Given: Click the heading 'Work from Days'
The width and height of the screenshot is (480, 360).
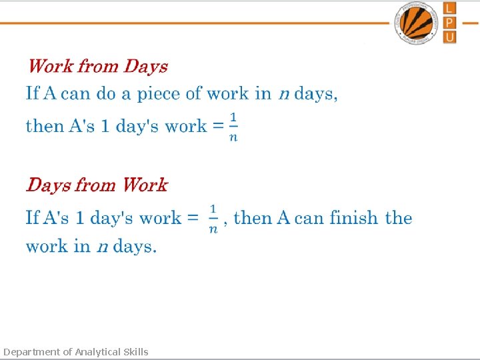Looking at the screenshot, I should (x=97, y=67).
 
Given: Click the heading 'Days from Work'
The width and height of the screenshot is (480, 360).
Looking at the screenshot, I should (x=97, y=185).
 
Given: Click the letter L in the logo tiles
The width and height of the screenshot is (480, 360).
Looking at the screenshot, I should (x=450, y=8).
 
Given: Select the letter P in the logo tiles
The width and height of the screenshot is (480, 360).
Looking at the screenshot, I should (x=450, y=22).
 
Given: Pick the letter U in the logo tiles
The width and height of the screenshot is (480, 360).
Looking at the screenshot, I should (x=450, y=37).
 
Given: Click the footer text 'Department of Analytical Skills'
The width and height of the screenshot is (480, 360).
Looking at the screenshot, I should (x=76, y=352).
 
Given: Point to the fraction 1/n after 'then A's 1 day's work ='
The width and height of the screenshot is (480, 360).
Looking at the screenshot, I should (x=233, y=127).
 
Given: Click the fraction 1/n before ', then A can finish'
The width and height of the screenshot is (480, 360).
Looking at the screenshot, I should (x=213, y=219).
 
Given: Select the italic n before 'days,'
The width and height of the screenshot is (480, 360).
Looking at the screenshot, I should (x=283, y=94).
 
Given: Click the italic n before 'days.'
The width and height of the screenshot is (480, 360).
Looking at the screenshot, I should (x=102, y=247).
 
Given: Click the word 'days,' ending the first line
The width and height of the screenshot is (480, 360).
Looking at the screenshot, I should (x=316, y=94).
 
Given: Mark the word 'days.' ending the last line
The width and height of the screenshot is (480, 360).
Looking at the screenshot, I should (x=135, y=247).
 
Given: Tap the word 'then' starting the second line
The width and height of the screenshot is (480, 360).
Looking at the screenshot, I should (x=45, y=126).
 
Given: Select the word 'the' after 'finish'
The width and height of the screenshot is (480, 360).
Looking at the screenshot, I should (x=399, y=218).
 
